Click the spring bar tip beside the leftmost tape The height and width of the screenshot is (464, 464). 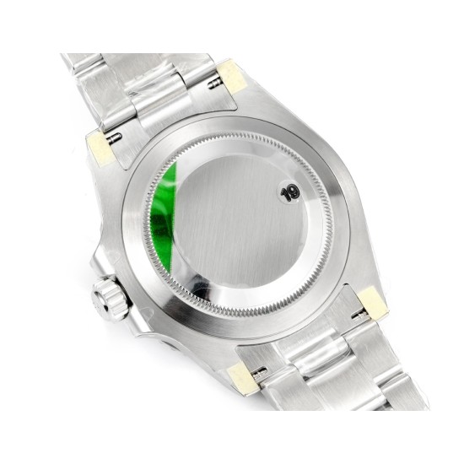click(114, 137)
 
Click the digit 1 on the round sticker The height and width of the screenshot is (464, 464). click(285, 195)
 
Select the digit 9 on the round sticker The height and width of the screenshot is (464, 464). click(294, 192)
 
